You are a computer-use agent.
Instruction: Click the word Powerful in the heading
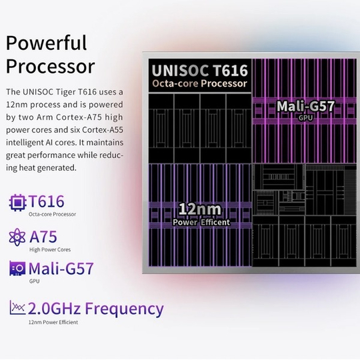46,43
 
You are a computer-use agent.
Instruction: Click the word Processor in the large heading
50,67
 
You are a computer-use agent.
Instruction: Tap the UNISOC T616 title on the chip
200,71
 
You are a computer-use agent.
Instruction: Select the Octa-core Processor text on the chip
199,83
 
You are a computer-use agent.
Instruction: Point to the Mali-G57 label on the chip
305,106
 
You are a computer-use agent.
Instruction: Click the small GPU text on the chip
305,118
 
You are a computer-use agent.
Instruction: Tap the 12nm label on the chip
200,209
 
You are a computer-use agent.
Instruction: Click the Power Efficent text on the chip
201,222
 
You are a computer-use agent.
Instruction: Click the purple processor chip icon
17,203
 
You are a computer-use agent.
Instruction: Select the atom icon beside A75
17,237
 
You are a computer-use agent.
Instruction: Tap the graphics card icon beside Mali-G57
17,269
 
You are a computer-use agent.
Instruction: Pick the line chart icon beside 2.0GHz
17,307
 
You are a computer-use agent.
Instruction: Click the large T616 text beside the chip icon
47,201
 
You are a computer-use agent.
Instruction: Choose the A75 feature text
43,237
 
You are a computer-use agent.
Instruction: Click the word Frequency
124,309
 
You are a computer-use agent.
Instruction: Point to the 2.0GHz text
54,309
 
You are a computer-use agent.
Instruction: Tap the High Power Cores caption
50,249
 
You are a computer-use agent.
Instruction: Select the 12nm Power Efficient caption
53,322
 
